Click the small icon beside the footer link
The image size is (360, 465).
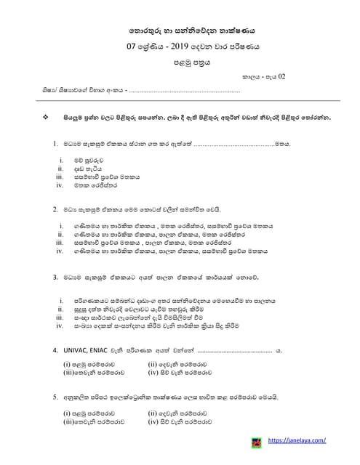[x=256, y=441]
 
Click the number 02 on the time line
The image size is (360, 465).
[x=282, y=76]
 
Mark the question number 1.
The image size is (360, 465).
[x=55, y=145]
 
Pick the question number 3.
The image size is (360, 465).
[x=55, y=277]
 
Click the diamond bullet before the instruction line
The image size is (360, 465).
[x=46, y=117]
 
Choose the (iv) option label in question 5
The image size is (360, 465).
[x=153, y=421]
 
